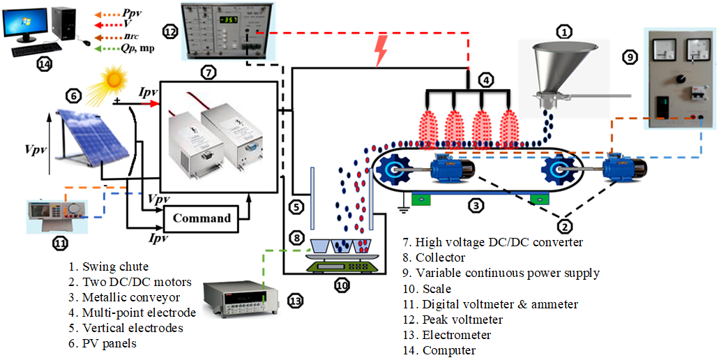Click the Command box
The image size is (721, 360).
[x=202, y=218]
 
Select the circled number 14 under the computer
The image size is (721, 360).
[x=45, y=63]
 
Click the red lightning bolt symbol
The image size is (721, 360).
[x=381, y=51]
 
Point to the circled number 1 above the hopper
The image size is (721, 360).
[x=564, y=31]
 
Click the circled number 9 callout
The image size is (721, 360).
[x=630, y=58]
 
